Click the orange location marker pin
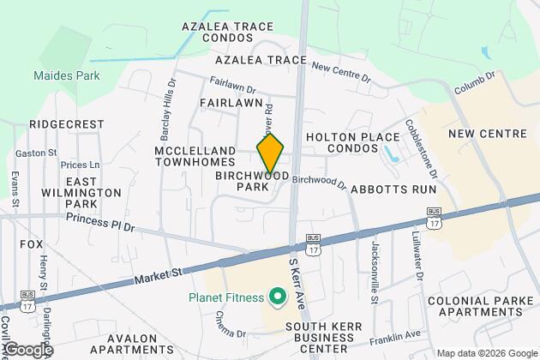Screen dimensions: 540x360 [270, 153]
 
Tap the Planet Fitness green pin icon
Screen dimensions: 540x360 [276, 298]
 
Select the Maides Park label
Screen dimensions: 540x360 [67, 75]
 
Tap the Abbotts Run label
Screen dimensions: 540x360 [395, 190]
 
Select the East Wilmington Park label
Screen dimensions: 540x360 [93, 193]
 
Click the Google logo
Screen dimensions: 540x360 [27, 350]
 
